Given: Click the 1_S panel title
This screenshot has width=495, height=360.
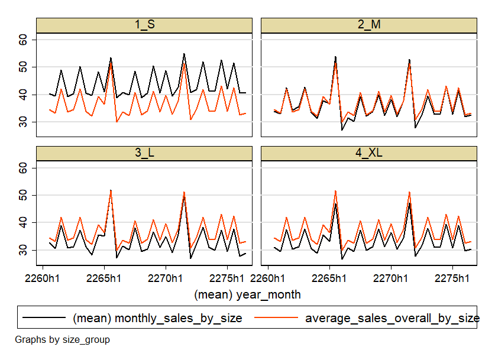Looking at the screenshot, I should (x=144, y=25).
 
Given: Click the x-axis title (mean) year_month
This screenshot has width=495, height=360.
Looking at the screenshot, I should (x=247, y=294).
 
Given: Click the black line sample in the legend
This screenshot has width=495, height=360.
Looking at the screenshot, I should (x=44, y=318).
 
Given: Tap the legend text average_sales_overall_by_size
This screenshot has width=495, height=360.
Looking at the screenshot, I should (x=392, y=318).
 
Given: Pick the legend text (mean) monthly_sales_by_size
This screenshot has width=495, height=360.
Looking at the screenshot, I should (x=157, y=318).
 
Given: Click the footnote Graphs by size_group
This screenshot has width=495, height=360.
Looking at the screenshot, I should (x=62, y=340).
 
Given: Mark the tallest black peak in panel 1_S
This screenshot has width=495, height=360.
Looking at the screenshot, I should (x=184, y=54).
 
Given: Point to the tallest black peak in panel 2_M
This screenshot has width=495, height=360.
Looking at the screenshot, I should (x=335, y=57).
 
